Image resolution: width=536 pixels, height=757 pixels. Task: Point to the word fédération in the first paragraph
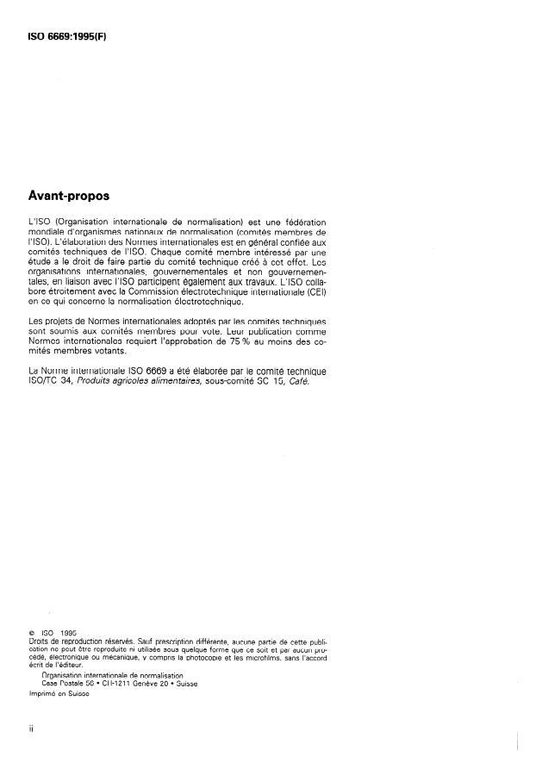click(302, 222)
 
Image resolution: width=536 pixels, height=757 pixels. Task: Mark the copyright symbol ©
click(32, 635)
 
